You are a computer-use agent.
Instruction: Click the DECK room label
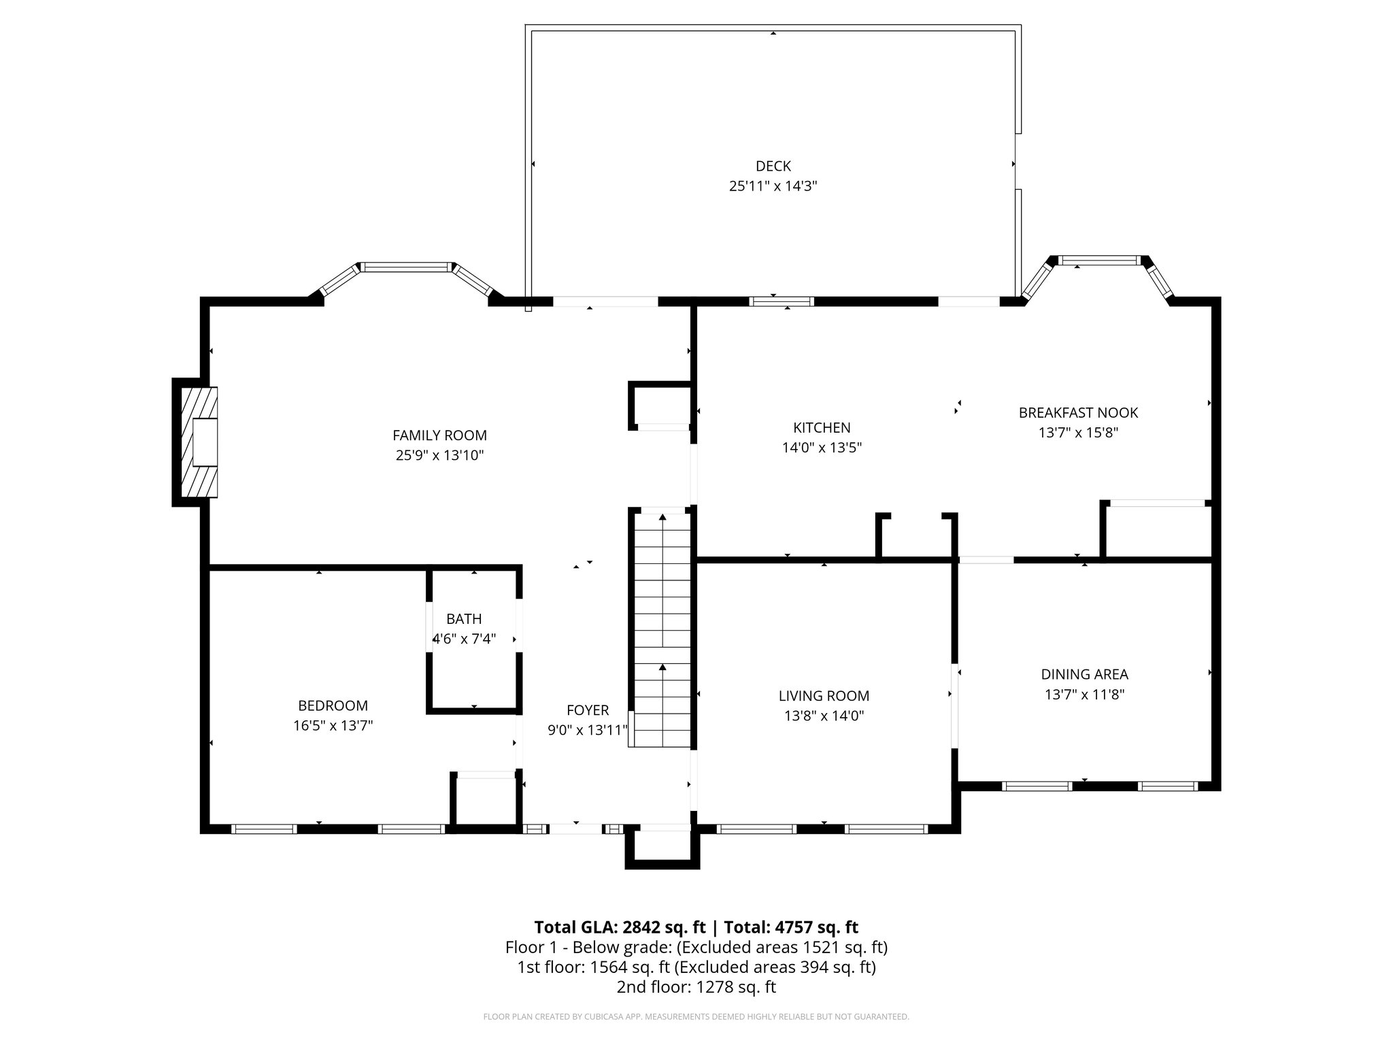[773, 166]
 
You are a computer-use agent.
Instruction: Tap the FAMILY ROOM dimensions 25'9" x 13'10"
[439, 455]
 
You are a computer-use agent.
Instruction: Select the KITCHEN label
[822, 427]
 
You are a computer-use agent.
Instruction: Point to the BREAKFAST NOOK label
[1078, 412]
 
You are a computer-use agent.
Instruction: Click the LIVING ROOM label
[824, 695]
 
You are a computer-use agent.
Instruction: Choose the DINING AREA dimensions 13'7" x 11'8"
[1084, 694]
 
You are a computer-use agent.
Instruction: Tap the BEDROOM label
[333, 706]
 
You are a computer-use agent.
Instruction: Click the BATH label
[464, 618]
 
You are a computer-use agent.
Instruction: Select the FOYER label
[588, 710]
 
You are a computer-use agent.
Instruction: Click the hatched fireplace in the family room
[199, 442]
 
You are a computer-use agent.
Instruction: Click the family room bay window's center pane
[407, 267]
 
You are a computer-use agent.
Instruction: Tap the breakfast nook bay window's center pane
[1099, 260]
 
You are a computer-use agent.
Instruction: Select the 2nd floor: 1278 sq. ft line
[696, 986]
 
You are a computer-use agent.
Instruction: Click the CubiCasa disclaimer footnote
[696, 1017]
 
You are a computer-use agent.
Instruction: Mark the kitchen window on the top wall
[782, 301]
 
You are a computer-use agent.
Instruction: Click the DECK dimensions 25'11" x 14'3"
[773, 186]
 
